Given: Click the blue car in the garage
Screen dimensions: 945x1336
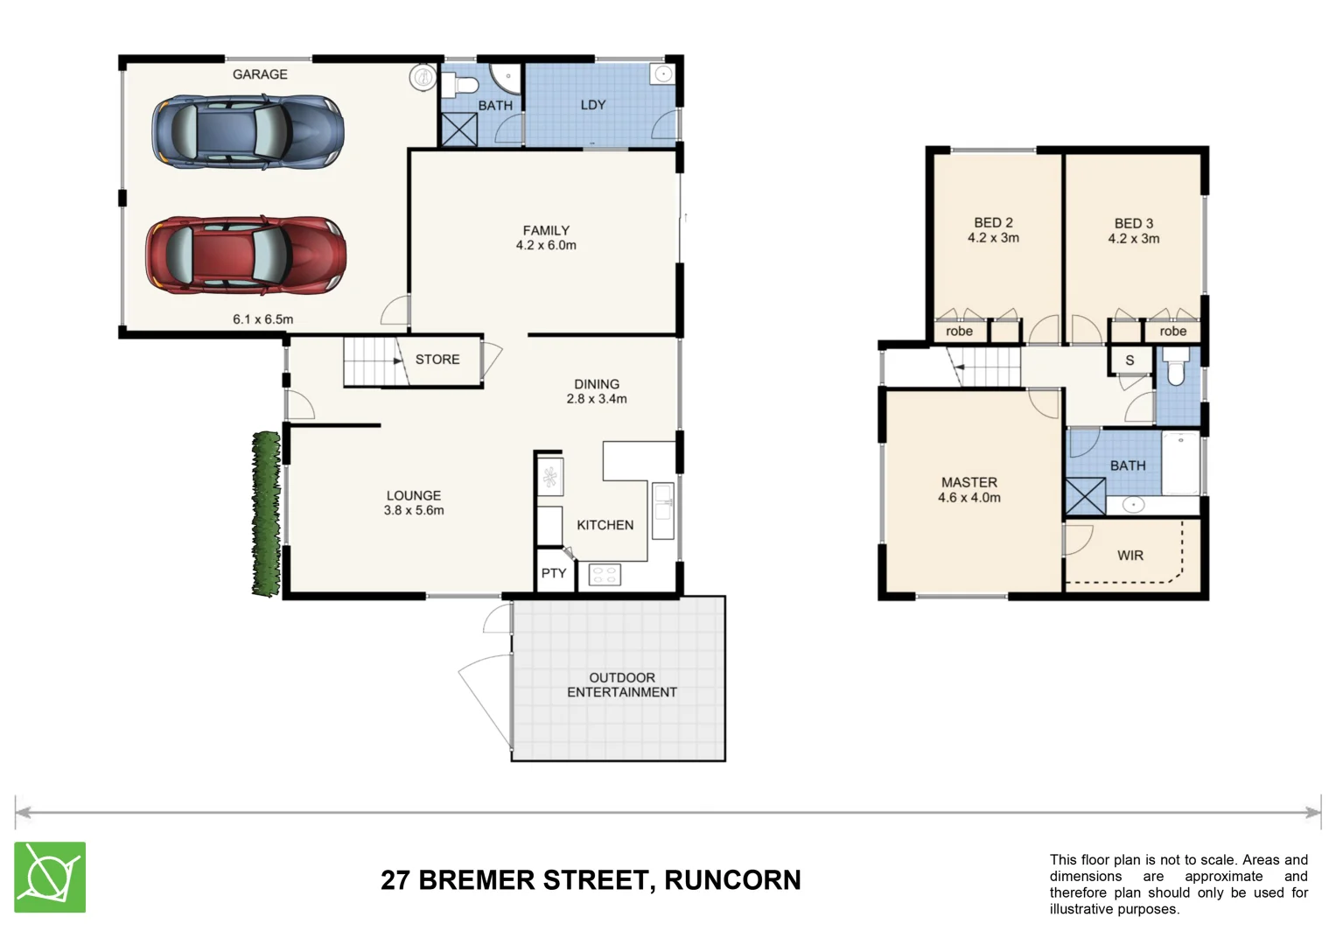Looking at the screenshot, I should (x=248, y=132).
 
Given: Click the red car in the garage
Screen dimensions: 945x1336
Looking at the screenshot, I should (x=246, y=255).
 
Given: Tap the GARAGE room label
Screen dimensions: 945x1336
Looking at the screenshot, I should (x=260, y=74).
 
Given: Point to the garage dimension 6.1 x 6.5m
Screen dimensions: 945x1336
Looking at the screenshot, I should (x=262, y=319).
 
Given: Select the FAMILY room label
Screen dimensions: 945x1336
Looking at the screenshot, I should (x=546, y=231).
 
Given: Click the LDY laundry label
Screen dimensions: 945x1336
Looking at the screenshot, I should (x=592, y=105).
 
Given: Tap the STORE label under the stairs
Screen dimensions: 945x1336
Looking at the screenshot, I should (x=437, y=360).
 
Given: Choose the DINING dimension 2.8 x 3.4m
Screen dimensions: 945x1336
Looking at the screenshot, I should (x=597, y=399).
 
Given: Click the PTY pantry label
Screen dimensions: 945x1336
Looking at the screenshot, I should (x=553, y=574).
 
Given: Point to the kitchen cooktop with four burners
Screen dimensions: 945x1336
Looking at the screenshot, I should (x=605, y=575).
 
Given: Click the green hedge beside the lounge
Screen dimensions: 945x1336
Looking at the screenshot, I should (x=266, y=514).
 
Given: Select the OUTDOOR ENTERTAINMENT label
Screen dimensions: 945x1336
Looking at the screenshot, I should (x=621, y=685).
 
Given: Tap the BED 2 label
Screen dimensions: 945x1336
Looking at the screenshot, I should (x=993, y=223).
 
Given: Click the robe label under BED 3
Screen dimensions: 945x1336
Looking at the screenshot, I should (x=1172, y=332).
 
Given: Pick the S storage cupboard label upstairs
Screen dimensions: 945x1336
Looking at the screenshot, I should (x=1130, y=360).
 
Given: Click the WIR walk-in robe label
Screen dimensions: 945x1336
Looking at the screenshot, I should (x=1130, y=556).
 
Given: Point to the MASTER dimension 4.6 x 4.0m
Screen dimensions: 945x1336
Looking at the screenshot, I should (x=969, y=498).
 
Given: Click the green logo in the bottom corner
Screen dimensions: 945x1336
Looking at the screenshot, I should (x=50, y=878).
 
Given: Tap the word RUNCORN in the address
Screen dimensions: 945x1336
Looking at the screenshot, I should (x=732, y=880).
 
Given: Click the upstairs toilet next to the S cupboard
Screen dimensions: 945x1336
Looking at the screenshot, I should (x=1175, y=369).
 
